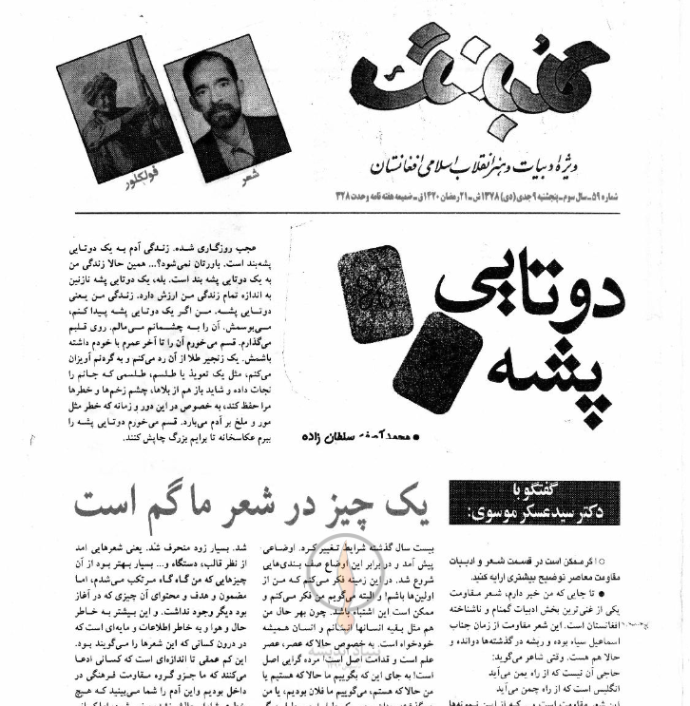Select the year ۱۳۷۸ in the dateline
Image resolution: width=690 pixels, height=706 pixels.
click(497, 197)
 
